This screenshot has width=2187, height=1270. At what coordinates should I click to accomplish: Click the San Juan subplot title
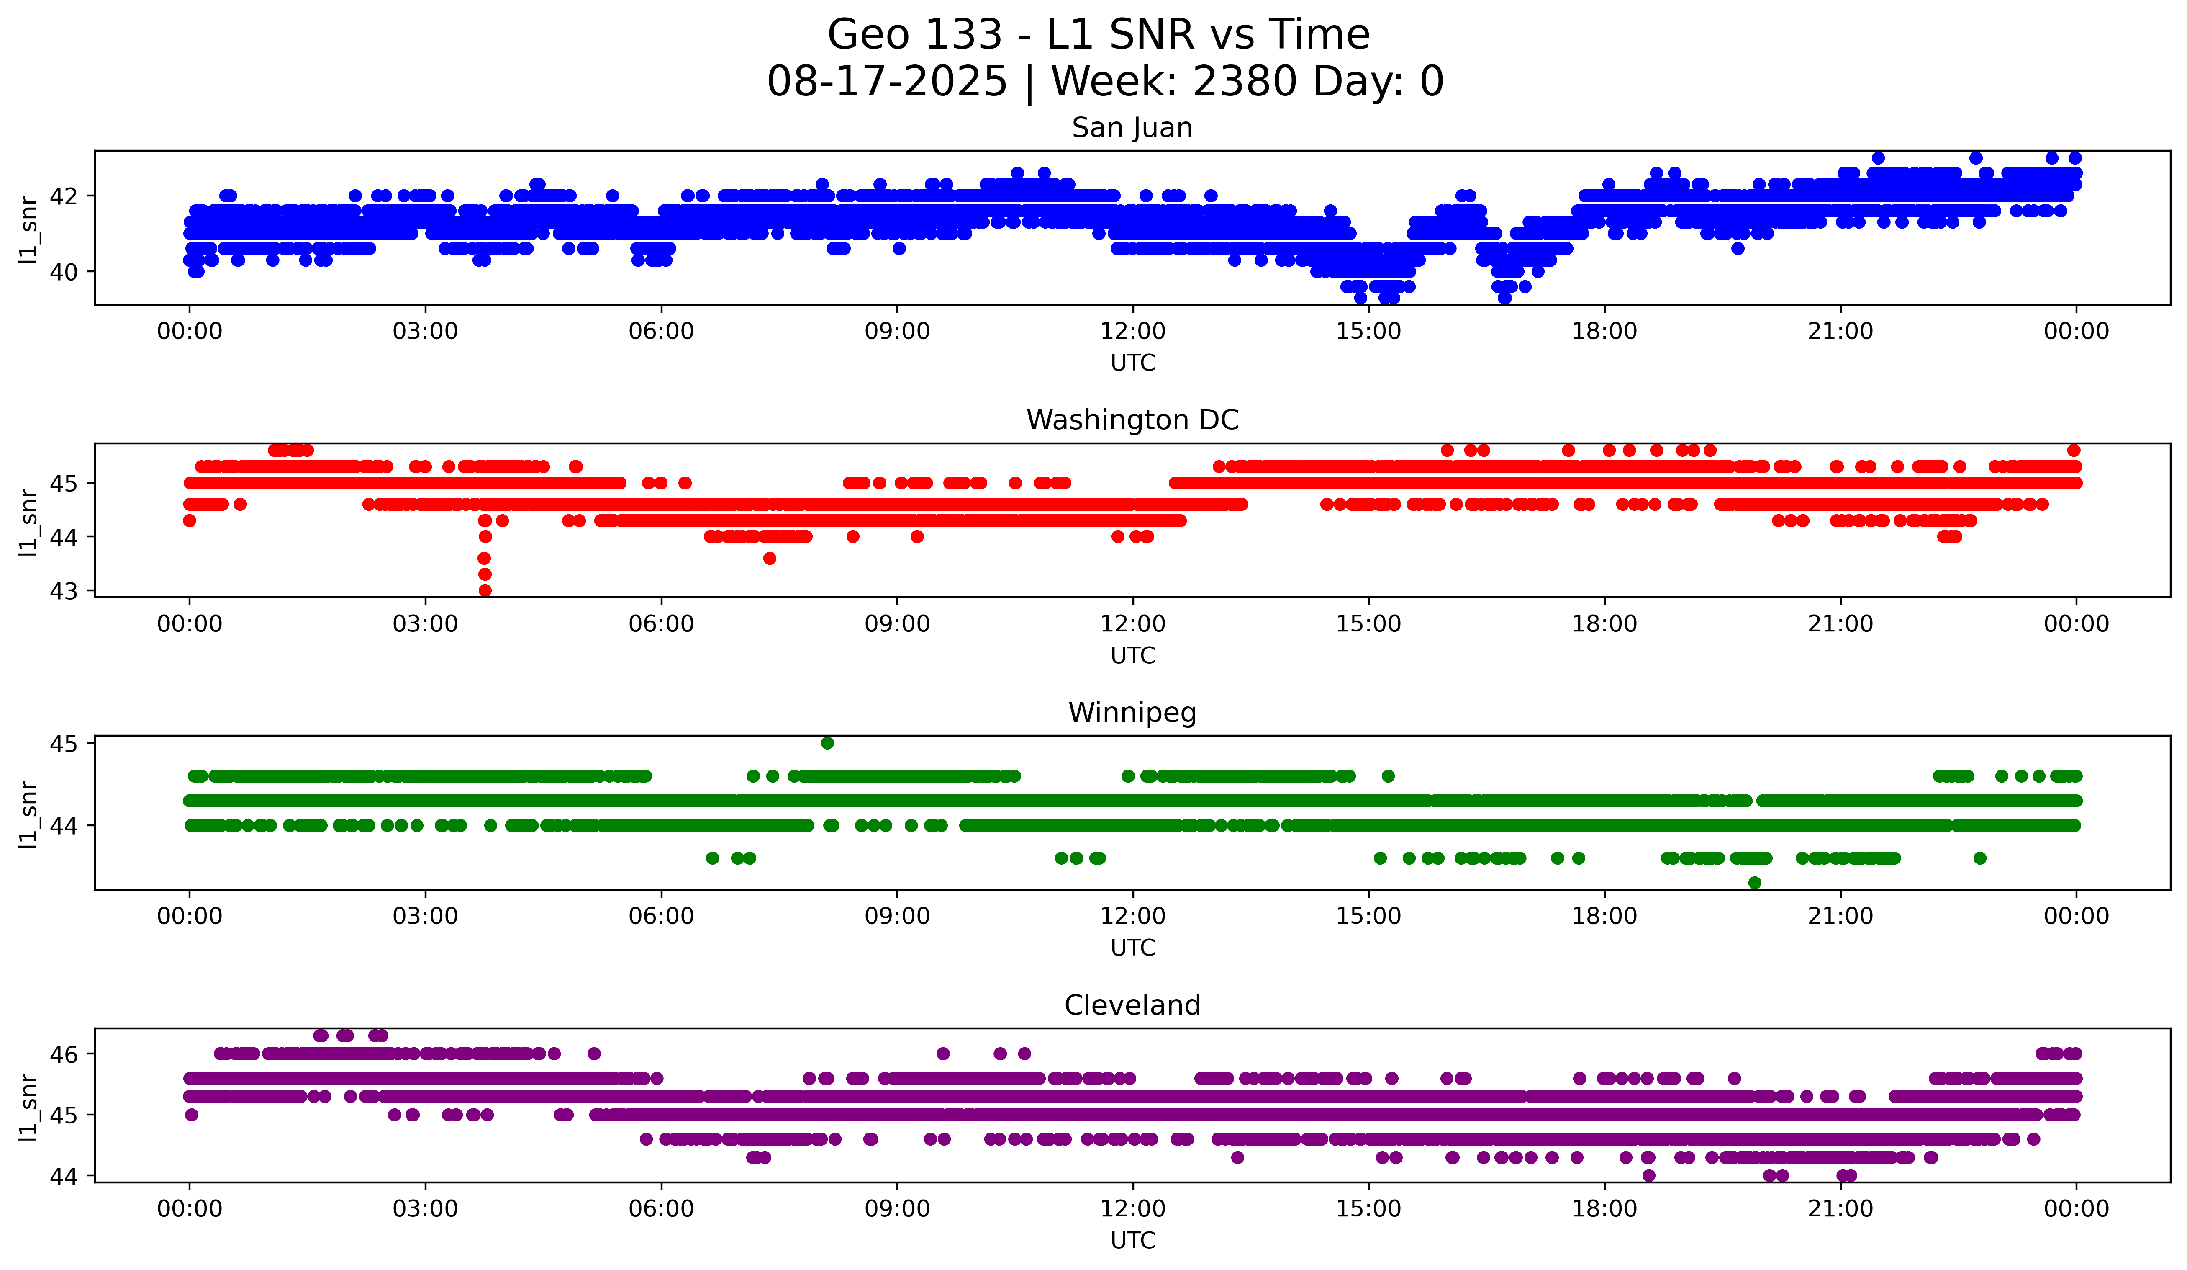1132,128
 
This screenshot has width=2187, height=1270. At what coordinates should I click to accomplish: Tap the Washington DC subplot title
1132,420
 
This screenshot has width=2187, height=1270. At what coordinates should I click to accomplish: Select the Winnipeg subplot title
1132,713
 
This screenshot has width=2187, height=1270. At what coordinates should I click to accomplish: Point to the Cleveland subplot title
1132,1005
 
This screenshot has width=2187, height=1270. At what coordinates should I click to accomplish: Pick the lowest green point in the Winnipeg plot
1755,883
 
